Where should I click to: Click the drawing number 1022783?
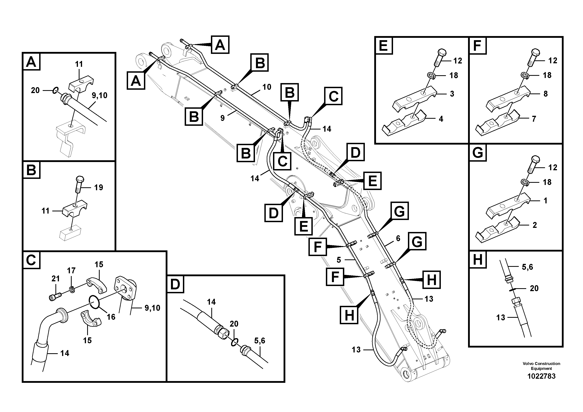click(x=541, y=376)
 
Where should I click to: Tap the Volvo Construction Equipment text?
click(x=541, y=366)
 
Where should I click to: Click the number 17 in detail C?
click(x=71, y=271)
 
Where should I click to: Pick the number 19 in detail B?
click(x=99, y=187)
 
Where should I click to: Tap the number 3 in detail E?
click(x=452, y=94)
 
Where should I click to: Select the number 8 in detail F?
click(x=545, y=94)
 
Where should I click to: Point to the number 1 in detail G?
click(x=545, y=201)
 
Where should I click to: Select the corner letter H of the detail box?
click(x=478, y=260)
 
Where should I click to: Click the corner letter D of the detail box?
click(x=175, y=284)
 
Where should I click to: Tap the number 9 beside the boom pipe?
click(x=222, y=118)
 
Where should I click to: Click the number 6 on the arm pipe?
click(x=398, y=238)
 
